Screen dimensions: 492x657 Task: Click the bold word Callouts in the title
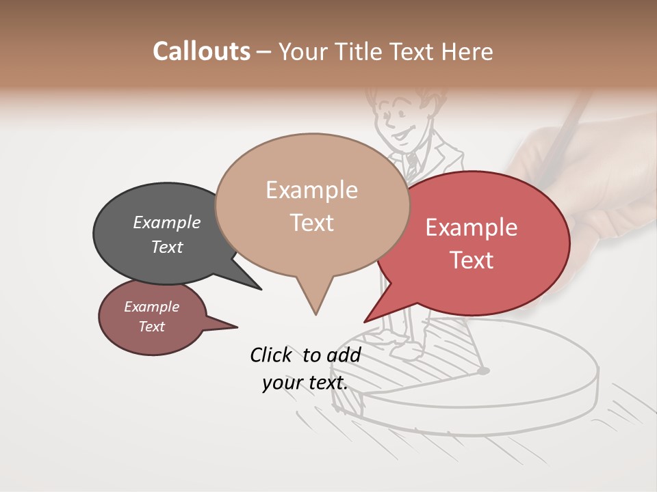coord(201,51)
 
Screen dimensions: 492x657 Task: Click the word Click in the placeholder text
coord(270,355)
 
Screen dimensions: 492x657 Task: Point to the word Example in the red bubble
coord(472,228)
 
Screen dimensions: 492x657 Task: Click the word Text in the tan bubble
coord(312,223)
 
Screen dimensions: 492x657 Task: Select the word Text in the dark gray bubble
coord(167,247)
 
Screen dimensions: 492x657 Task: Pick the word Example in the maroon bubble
coord(151,307)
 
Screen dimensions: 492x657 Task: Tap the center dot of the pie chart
coord(484,371)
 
